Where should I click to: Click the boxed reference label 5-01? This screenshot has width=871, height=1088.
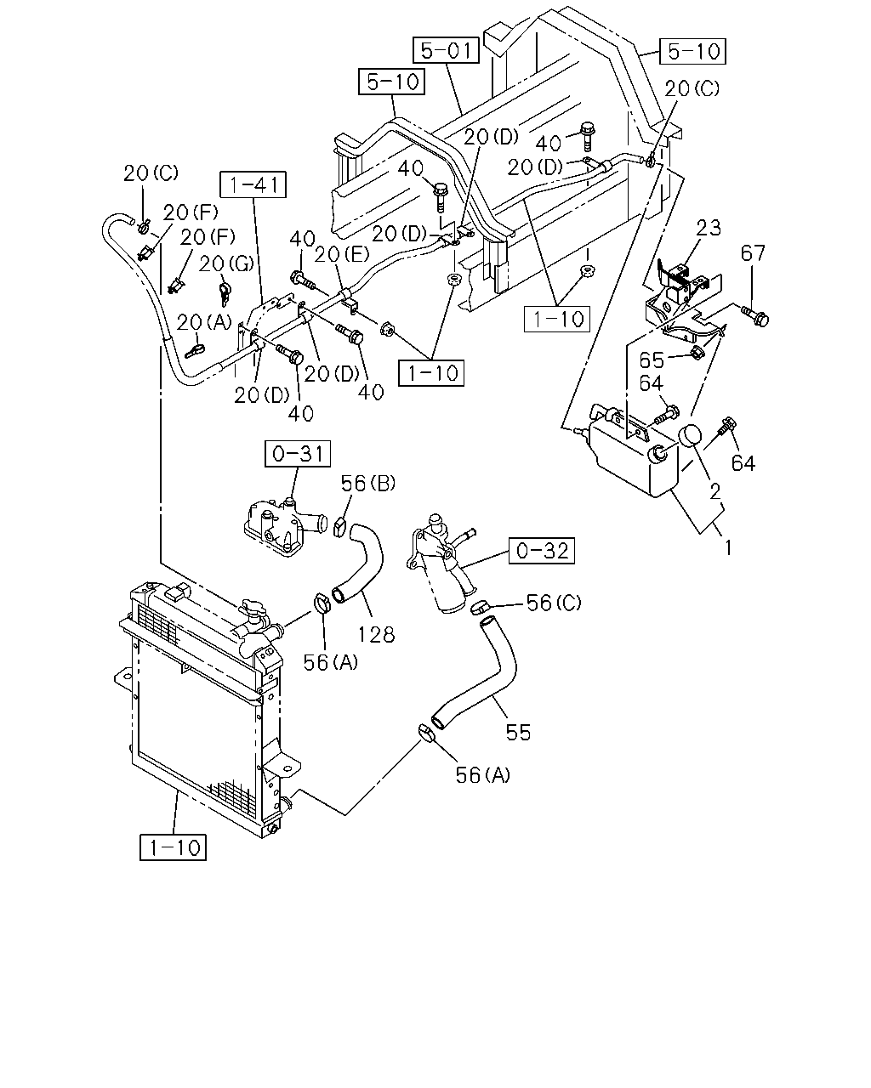point(446,50)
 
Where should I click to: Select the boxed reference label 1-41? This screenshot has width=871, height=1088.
point(253,184)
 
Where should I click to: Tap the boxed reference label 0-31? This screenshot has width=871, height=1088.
point(298,453)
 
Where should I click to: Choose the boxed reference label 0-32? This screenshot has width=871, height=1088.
point(542,550)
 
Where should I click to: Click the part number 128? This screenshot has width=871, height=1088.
point(376,634)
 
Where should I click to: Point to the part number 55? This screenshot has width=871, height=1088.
point(518,733)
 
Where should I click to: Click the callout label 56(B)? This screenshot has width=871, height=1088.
point(368,484)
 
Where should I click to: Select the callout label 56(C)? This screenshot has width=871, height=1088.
point(555,603)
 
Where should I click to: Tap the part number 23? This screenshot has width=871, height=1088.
point(708,228)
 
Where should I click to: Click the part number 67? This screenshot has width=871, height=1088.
point(753,252)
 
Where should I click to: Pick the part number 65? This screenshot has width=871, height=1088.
point(652,360)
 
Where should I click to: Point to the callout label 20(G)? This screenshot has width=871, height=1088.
point(226,263)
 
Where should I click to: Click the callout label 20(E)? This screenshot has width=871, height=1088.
point(342,255)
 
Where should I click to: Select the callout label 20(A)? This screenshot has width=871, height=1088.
point(204,322)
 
